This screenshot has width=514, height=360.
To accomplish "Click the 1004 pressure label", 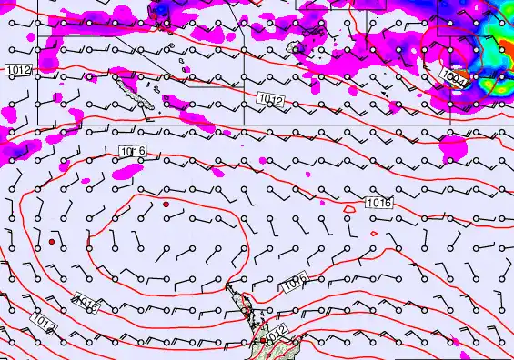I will tap(459, 84).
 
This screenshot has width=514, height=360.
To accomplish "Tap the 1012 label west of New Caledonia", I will tap(18, 70).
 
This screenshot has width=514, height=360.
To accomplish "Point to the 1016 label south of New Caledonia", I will tap(132, 151).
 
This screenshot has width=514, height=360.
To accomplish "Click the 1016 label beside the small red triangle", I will tap(378, 203).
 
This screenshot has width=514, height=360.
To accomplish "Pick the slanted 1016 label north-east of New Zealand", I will tap(293, 285).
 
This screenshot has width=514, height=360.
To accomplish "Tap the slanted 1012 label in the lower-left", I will tap(43, 321).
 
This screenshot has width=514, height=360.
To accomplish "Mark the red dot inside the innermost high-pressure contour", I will tap(166, 205).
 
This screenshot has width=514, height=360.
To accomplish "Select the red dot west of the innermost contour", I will tap(53, 243).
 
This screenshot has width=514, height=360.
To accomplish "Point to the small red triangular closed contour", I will tap(350, 207).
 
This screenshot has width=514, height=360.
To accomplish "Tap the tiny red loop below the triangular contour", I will tap(376, 233).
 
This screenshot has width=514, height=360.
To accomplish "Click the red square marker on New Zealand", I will tap(262, 339).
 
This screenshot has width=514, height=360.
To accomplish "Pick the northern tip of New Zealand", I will tap(230, 286).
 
